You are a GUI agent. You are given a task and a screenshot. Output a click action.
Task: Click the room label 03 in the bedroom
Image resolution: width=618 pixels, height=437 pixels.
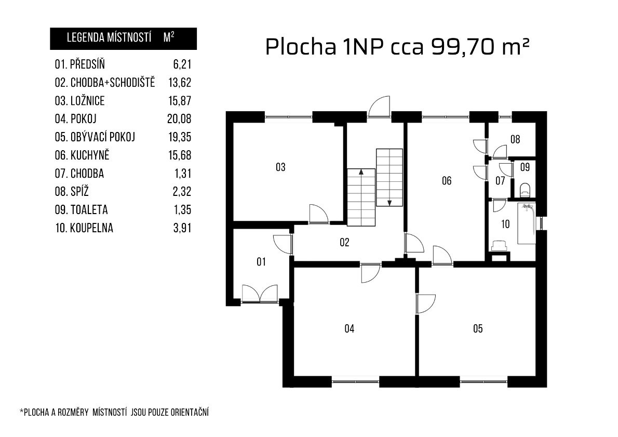point(280,167)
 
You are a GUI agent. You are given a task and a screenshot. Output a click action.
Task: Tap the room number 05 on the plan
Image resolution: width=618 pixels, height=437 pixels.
point(478,328)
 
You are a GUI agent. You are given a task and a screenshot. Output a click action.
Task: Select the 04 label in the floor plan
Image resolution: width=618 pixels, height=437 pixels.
point(350,328)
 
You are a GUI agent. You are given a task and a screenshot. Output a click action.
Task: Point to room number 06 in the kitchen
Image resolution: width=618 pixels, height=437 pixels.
point(447,181)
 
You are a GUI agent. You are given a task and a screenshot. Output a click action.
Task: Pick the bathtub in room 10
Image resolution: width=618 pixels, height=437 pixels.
point(526,224)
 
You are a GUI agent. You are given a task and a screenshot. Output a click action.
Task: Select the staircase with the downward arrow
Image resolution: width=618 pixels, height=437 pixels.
point(389,177)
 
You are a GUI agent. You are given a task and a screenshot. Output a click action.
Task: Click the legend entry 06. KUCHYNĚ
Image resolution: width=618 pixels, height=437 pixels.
point(82,155)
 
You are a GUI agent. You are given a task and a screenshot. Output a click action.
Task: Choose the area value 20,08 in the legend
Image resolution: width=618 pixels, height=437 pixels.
point(180,119)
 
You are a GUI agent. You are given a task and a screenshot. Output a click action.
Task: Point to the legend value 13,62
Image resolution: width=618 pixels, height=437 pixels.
point(180,83)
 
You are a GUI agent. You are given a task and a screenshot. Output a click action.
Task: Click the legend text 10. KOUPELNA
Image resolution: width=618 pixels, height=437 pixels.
point(84,228)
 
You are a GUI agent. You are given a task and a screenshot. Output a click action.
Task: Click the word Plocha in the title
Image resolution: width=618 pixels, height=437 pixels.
point(301,47)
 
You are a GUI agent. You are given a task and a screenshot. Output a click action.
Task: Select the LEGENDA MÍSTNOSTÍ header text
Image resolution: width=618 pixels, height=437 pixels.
point(109,38)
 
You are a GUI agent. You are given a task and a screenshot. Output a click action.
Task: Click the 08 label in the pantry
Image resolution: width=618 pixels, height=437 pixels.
point(515,139)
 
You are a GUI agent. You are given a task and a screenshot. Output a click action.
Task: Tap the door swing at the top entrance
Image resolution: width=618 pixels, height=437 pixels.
point(380,107)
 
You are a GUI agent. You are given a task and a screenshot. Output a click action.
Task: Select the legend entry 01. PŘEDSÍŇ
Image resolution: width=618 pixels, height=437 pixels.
point(79,64)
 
